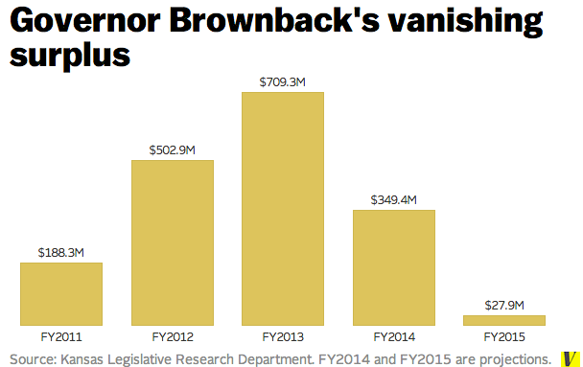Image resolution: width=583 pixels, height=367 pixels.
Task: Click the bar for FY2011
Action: click(x=61, y=294)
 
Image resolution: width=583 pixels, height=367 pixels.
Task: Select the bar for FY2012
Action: click(x=172, y=242)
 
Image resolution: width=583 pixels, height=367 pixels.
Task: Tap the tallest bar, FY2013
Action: click(x=283, y=208)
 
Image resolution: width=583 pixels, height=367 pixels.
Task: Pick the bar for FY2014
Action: click(x=393, y=267)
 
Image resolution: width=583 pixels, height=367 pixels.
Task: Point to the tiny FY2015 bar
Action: click(x=504, y=320)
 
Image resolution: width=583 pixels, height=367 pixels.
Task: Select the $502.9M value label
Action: click(x=173, y=150)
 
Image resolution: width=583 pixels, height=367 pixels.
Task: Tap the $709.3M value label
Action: click(x=283, y=82)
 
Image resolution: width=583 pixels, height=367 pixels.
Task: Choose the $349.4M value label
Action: click(x=394, y=200)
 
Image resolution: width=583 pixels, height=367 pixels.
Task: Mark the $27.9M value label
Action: click(x=504, y=306)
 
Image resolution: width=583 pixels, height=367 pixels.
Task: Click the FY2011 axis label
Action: click(x=61, y=337)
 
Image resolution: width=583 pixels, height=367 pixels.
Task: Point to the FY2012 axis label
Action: click(x=173, y=337)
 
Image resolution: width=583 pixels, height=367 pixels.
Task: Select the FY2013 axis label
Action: click(x=283, y=337)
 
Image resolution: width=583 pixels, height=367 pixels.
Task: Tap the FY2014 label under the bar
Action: click(x=394, y=337)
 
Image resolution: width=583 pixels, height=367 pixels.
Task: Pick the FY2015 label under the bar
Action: click(x=504, y=337)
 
